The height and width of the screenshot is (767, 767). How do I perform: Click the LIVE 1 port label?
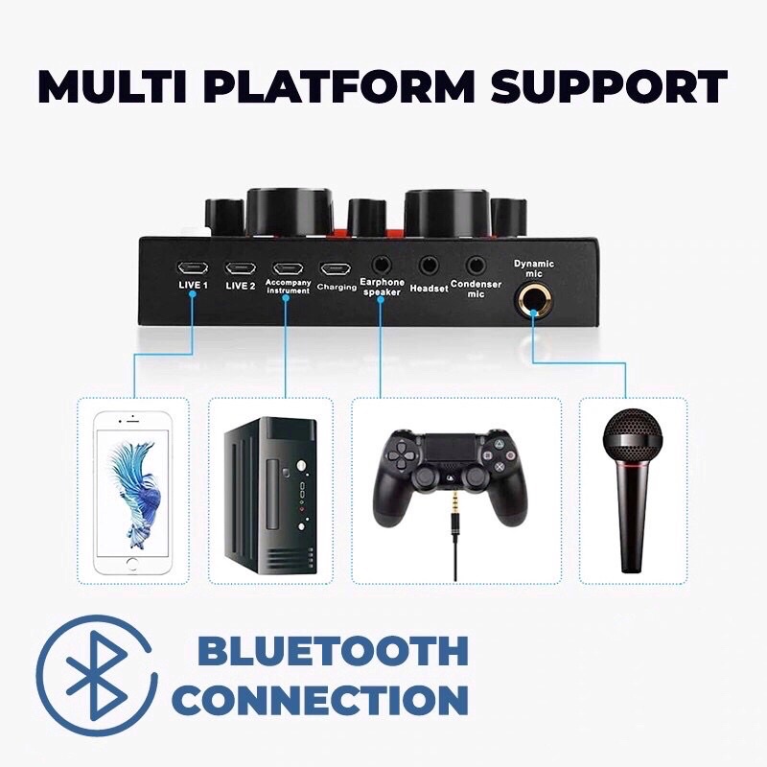193,286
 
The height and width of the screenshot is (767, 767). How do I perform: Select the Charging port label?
337,287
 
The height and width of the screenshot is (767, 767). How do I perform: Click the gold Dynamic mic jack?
533,300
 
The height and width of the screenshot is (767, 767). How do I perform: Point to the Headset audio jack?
429,263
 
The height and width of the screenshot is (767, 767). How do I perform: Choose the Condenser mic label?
476,289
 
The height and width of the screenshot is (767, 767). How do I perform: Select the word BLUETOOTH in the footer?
333,652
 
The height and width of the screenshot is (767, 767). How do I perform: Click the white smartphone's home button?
134,561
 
